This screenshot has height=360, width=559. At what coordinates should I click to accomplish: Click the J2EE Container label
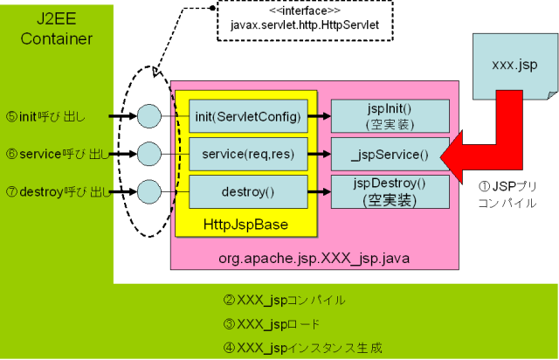tap(57, 28)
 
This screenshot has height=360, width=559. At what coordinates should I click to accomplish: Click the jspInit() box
tap(390, 115)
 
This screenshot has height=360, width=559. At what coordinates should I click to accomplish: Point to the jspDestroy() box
tap(390, 190)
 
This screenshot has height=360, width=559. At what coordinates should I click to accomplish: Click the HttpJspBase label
tap(245, 225)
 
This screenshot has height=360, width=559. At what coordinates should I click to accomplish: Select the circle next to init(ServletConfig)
tap(149, 115)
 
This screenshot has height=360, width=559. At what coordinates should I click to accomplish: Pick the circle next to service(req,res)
tap(149, 154)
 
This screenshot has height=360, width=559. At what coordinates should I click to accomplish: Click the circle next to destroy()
tap(149, 190)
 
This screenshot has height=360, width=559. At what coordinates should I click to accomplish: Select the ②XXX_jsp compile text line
tap(285, 301)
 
